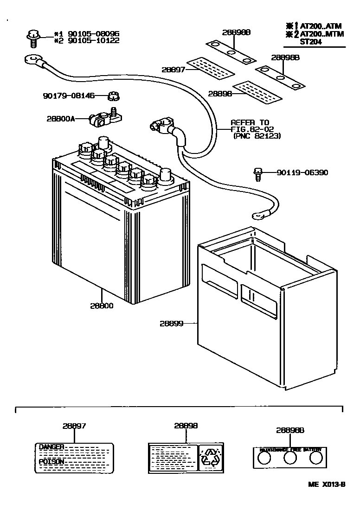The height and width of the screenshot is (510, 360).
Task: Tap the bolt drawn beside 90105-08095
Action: coord(33,38)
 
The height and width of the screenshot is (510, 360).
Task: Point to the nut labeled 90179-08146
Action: coord(114,96)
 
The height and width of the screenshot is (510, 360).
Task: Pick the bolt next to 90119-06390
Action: coord(258,174)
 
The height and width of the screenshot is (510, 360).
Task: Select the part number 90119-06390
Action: coord(302,172)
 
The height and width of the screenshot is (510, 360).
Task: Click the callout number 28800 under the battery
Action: coord(102,306)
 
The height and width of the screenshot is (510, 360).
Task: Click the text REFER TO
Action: coord(250,122)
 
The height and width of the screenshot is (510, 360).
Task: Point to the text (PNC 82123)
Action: coord(257,136)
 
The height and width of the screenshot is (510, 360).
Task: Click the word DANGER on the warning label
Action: coord(51,447)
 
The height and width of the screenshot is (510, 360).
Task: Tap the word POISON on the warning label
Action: coord(51,462)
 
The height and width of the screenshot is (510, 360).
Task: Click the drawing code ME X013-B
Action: coord(327,484)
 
